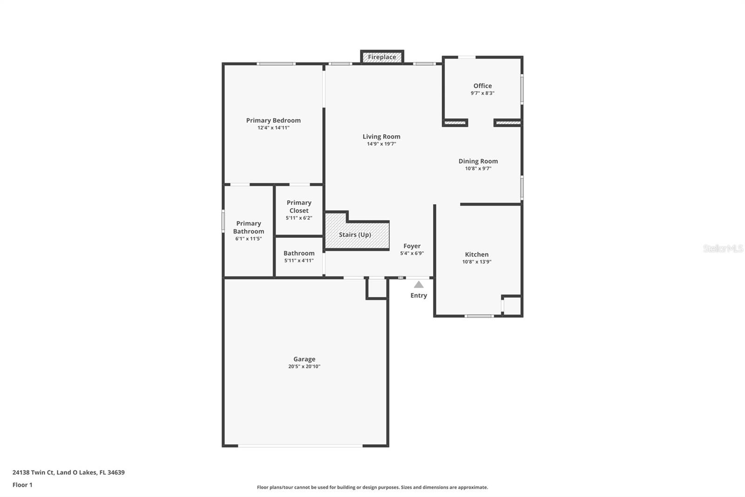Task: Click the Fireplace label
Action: [382, 57]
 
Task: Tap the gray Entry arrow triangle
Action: [419, 284]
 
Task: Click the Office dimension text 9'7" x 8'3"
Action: [482, 93]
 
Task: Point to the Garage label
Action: [304, 359]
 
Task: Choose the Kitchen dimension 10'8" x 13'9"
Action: [477, 262]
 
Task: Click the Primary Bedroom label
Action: [273, 120]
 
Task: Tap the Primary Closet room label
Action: [299, 207]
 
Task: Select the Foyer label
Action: [412, 246]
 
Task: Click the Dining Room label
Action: [478, 161]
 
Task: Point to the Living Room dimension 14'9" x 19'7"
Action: [381, 144]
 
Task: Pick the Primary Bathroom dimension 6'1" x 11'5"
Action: [249, 239]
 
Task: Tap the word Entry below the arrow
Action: [419, 296]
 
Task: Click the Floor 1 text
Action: [22, 485]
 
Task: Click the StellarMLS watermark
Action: [723, 248]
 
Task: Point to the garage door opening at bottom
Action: [300, 446]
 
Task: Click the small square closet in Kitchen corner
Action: [512, 306]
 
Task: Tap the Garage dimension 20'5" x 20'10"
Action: [304, 366]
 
